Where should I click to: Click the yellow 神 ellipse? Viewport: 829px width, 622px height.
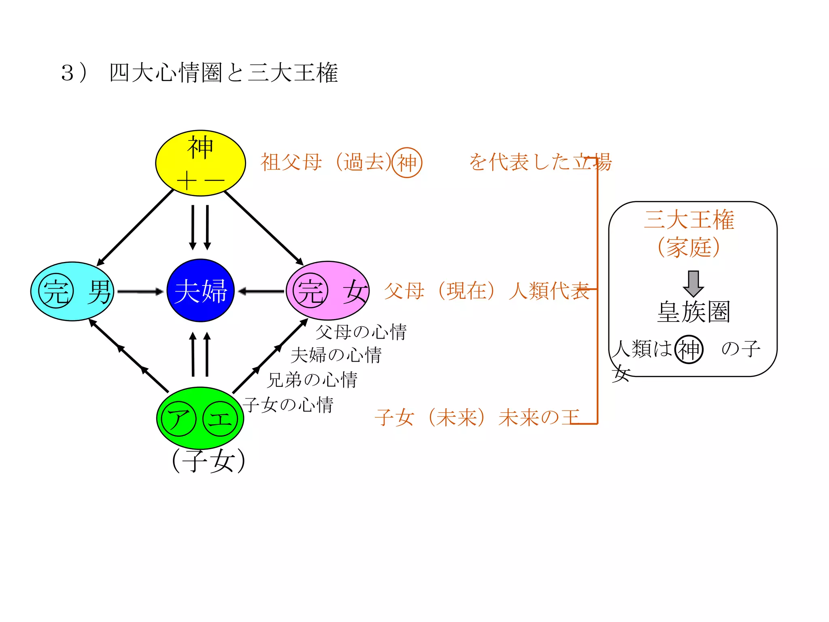tap(200, 163)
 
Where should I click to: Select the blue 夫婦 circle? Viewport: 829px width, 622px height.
tap(200, 290)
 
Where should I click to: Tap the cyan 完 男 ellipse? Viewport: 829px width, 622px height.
tap(72, 291)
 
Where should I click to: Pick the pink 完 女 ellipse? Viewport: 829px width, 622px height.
tap(327, 291)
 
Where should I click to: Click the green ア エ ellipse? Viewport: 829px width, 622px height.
tap(200, 418)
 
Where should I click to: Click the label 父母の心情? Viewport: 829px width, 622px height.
tap(361, 332)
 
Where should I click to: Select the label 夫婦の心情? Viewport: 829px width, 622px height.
tap(336, 355)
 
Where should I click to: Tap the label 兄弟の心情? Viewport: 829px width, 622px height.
tap(312, 380)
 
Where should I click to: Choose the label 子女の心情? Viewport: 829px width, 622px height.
tap(288, 405)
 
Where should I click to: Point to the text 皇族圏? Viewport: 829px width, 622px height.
tap(693, 312)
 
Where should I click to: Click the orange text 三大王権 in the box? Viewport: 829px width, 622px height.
tap(689, 220)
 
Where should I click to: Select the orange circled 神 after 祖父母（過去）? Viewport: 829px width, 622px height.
tap(407, 163)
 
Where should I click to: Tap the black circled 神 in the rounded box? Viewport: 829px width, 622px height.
tap(689, 349)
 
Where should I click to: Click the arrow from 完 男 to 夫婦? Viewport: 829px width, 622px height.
tap(140, 291)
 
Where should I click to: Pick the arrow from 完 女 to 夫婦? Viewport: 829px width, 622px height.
tap(261, 291)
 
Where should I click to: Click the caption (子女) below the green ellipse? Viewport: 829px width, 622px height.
tap(208, 461)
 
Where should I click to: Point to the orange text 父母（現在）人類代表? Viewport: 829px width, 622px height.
tap(486, 291)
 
